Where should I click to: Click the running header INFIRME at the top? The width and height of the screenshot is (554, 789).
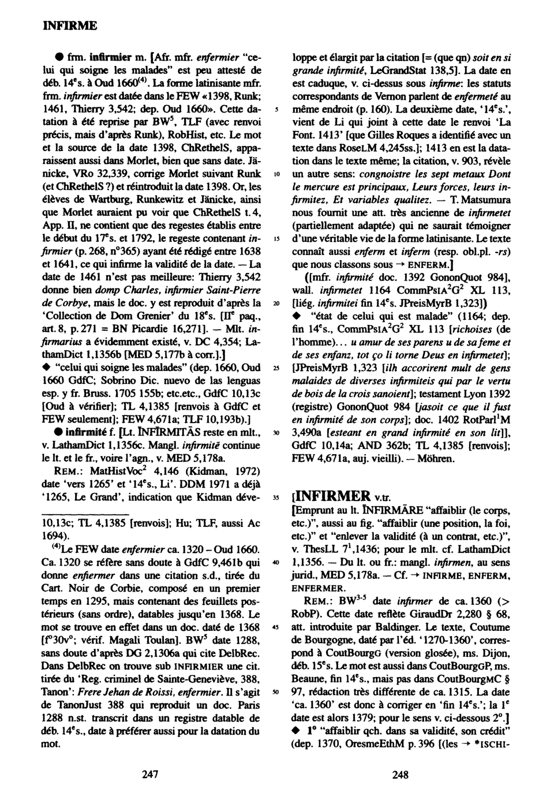(70, 26)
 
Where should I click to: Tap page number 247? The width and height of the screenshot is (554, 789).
(151, 775)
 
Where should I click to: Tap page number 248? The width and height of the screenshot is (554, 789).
(400, 775)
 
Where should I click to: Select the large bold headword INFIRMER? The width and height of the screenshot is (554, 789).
(333, 496)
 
